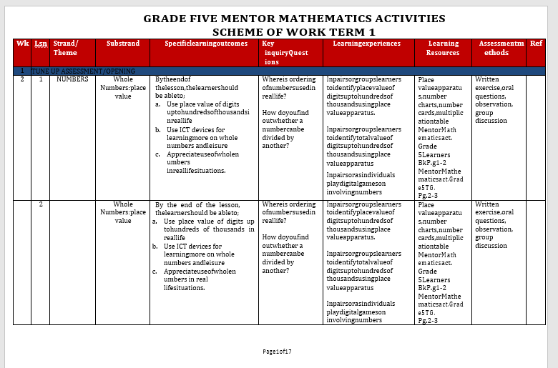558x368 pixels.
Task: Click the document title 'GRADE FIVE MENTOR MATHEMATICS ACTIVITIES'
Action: [x=294, y=19]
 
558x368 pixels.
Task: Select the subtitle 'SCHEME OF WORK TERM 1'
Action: [x=294, y=32]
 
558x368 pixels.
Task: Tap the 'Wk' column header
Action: [x=22, y=44]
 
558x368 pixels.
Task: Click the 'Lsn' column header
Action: [x=41, y=44]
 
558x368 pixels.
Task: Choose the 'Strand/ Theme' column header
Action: [x=65, y=48]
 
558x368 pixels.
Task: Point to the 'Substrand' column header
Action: [x=123, y=44]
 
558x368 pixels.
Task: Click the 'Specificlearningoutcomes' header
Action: [x=206, y=44]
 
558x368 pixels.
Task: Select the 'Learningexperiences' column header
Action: [x=367, y=44]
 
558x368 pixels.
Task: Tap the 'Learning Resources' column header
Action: [x=444, y=48]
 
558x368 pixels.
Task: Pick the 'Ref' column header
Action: [x=536, y=44]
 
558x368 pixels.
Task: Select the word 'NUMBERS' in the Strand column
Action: [x=72, y=79]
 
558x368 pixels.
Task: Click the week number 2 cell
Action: [x=22, y=79]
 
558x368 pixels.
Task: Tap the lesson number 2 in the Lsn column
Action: [x=41, y=204]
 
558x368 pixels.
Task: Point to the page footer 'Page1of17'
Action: [x=277, y=352]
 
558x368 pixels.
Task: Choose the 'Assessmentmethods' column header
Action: [x=500, y=48]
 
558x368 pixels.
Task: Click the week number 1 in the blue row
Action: [x=22, y=71]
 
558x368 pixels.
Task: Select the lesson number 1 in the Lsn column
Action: [x=41, y=79]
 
